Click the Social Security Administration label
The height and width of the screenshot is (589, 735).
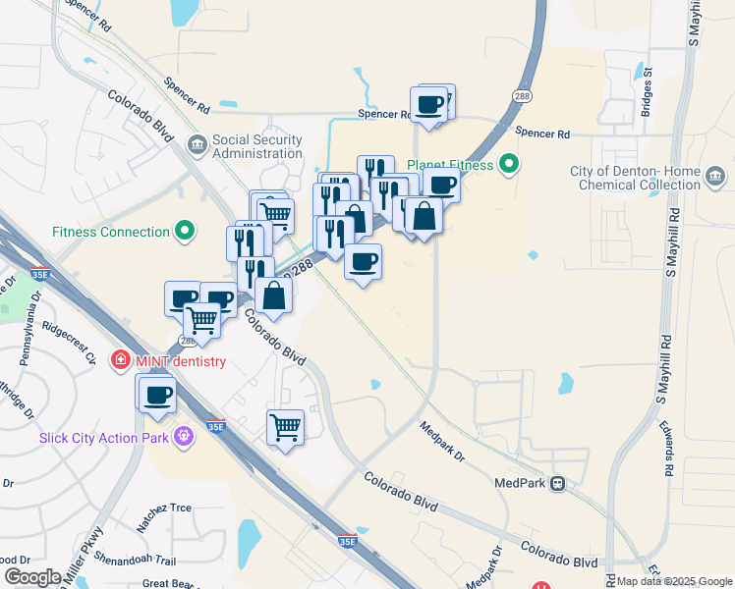257,146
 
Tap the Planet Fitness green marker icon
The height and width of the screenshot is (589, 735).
508,164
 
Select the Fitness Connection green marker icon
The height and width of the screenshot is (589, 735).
184,232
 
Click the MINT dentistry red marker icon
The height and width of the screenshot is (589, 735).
121,360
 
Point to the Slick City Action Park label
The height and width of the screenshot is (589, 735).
104,437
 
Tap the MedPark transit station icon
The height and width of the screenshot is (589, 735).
558,483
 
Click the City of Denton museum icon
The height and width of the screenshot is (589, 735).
714,178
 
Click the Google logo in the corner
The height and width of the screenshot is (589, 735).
32,577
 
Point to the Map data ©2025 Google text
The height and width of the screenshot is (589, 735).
675,582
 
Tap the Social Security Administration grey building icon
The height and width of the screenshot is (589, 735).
198,146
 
